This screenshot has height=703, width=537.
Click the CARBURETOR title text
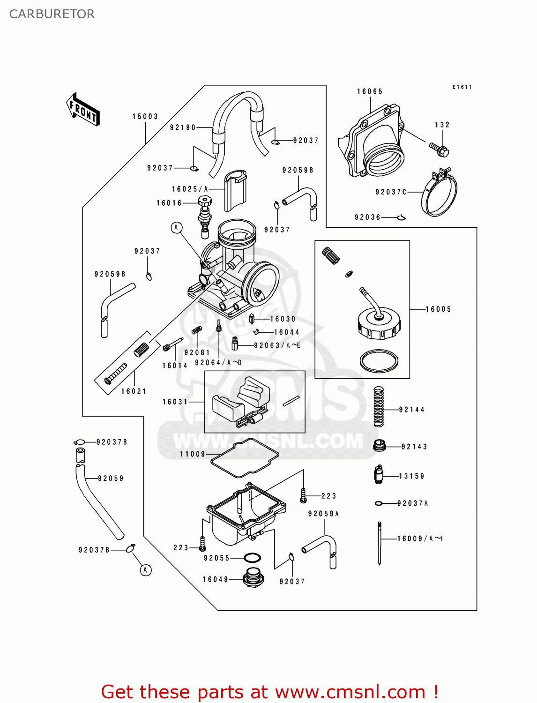(52, 14)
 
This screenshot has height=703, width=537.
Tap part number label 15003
(145, 117)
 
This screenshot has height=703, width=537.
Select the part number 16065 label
(370, 92)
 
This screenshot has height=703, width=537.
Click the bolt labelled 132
(440, 150)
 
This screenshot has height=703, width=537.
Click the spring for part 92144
(379, 406)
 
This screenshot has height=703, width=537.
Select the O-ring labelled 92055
(253, 558)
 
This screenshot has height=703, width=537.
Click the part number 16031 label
(175, 402)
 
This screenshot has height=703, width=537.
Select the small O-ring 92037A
(379, 503)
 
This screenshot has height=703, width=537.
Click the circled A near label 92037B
(146, 570)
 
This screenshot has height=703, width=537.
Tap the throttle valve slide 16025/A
(235, 191)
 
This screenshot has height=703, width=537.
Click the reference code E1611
(462, 87)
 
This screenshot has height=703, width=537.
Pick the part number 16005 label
(438, 309)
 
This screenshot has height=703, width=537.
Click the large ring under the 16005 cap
(379, 361)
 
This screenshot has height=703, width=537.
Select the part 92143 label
(414, 447)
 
